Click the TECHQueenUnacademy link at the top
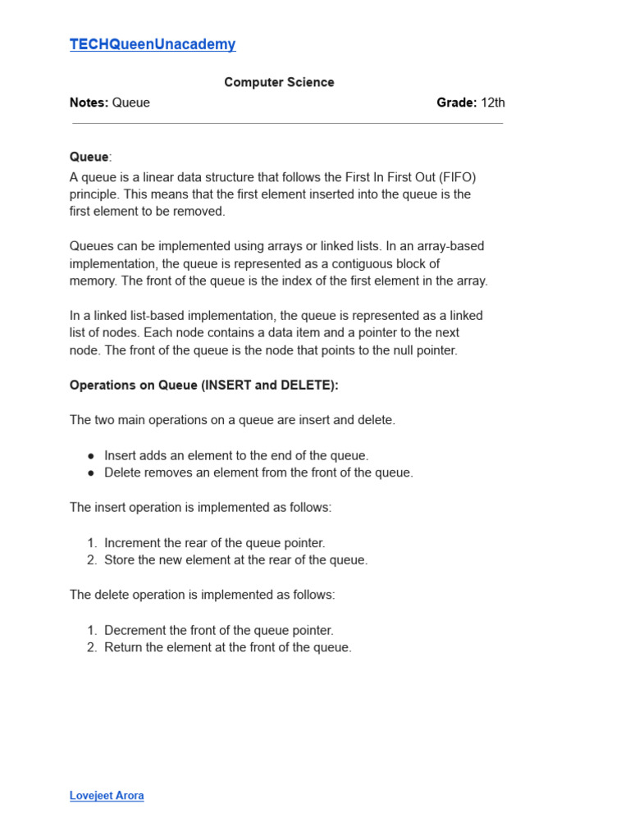coord(153,45)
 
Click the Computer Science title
coord(279,82)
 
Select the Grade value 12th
coord(493,103)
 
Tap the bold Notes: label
coord(89,103)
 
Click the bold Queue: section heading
coord(89,157)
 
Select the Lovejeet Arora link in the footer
coord(107,796)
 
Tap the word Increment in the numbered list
coord(134,543)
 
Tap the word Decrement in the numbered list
coord(135,630)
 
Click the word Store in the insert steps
coord(120,560)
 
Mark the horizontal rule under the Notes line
coord(287,124)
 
